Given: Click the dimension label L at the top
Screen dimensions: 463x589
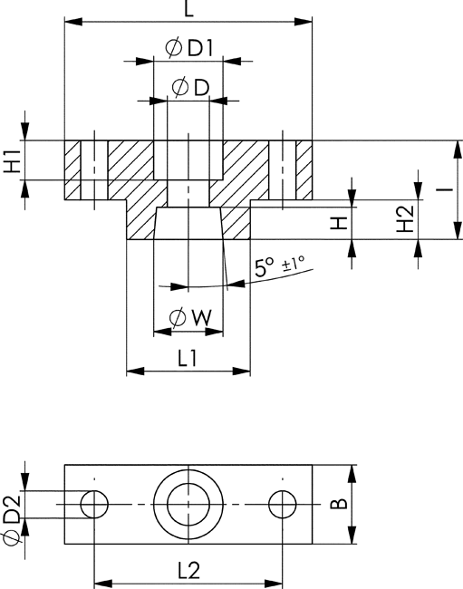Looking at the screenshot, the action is point(188,9).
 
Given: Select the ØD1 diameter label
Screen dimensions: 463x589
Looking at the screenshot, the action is point(189,48).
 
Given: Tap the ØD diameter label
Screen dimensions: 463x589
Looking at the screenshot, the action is point(191,87).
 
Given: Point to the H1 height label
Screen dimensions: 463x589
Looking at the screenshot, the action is point(13,160).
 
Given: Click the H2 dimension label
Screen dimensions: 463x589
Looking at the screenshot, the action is point(406,218).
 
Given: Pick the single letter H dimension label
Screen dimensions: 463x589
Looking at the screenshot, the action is point(339,223).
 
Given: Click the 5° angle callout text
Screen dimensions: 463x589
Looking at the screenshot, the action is point(265,267).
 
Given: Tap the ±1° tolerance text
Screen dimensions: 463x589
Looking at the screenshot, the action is point(294,264).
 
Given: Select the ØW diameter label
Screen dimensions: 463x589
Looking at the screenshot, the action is point(190,318).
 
